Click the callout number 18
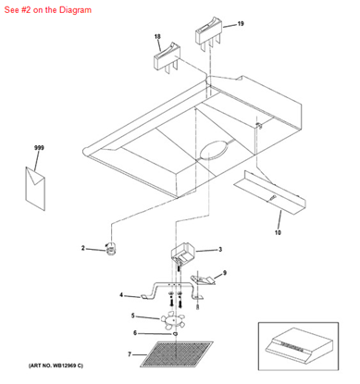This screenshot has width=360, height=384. [157, 37]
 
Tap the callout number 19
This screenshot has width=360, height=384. [241, 23]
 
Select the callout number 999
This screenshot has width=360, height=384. [39, 148]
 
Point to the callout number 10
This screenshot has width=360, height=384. [278, 232]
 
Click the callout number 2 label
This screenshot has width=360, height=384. [82, 248]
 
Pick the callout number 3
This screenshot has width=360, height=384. [220, 249]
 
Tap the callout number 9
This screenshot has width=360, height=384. [225, 273]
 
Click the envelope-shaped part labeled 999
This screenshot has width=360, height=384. [35, 189]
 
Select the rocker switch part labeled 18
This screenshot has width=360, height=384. [167, 58]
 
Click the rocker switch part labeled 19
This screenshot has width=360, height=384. [208, 34]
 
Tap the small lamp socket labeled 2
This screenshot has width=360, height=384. [110, 248]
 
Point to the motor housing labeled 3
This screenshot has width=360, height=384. [183, 252]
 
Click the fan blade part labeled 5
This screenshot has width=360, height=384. [172, 320]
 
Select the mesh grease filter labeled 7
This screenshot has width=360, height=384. [177, 354]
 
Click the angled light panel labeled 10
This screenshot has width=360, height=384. [270, 192]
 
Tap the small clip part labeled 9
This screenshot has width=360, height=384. [203, 279]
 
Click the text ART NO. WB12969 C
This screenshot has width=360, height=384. [56, 365]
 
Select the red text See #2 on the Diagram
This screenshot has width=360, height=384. [48, 10]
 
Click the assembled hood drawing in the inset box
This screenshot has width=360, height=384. [298, 346]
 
